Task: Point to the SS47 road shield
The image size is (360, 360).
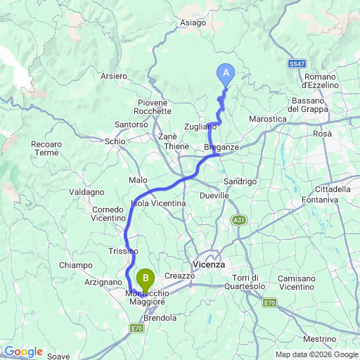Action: click(297, 64)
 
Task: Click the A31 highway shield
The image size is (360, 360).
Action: click(240, 221)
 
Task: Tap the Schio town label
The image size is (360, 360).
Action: click(115, 141)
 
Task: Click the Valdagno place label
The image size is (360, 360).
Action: click(87, 192)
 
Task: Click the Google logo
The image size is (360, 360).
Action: click(22, 352)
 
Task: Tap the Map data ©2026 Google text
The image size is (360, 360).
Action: click(316, 354)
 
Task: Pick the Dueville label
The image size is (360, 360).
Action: click(214, 195)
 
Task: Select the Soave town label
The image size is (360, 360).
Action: click(58, 356)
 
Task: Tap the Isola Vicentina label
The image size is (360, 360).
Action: click(158, 204)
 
